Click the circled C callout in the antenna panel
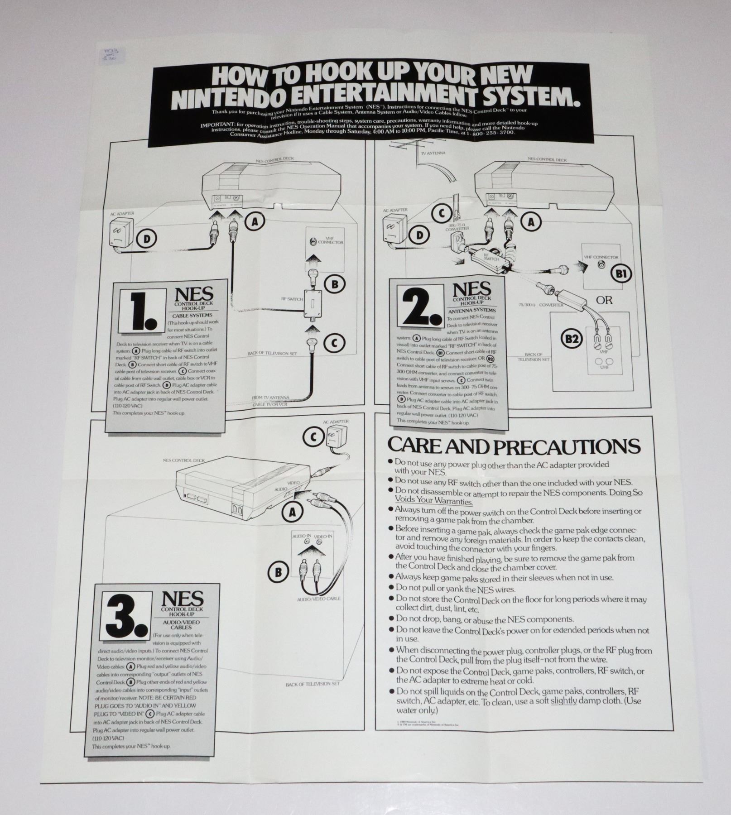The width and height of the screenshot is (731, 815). pos(442,213)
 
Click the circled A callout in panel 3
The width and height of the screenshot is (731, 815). pos(293,512)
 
